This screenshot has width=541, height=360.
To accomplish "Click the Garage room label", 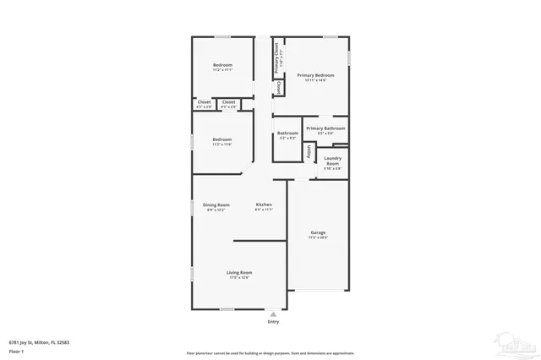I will pyautogui.click(x=318, y=232).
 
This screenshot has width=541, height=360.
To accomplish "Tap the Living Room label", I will pyautogui.click(x=239, y=272).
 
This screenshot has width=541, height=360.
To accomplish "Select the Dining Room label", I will pyautogui.click(x=216, y=205).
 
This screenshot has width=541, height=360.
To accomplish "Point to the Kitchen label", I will pyautogui.click(x=265, y=205).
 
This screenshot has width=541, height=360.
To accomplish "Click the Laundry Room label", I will pyautogui.click(x=332, y=161).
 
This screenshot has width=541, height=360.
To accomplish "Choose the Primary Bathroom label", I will pyautogui.click(x=325, y=128).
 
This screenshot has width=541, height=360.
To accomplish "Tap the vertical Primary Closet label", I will pyautogui.click(x=276, y=59).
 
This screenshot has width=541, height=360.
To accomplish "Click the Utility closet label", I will pyautogui.click(x=309, y=152).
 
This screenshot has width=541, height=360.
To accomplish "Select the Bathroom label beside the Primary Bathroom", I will pyautogui.click(x=287, y=133).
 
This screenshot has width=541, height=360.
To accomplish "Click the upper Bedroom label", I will pyautogui.click(x=222, y=65).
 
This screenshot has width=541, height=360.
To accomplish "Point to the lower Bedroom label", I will pyautogui.click(x=222, y=139).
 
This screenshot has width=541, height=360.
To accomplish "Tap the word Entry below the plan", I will pyautogui.click(x=273, y=322).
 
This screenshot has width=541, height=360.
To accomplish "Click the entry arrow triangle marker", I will pyautogui.click(x=273, y=313).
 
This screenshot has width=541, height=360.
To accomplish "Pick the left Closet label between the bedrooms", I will pyautogui.click(x=204, y=102).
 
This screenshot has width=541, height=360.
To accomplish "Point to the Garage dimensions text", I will pyautogui.click(x=318, y=237).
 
